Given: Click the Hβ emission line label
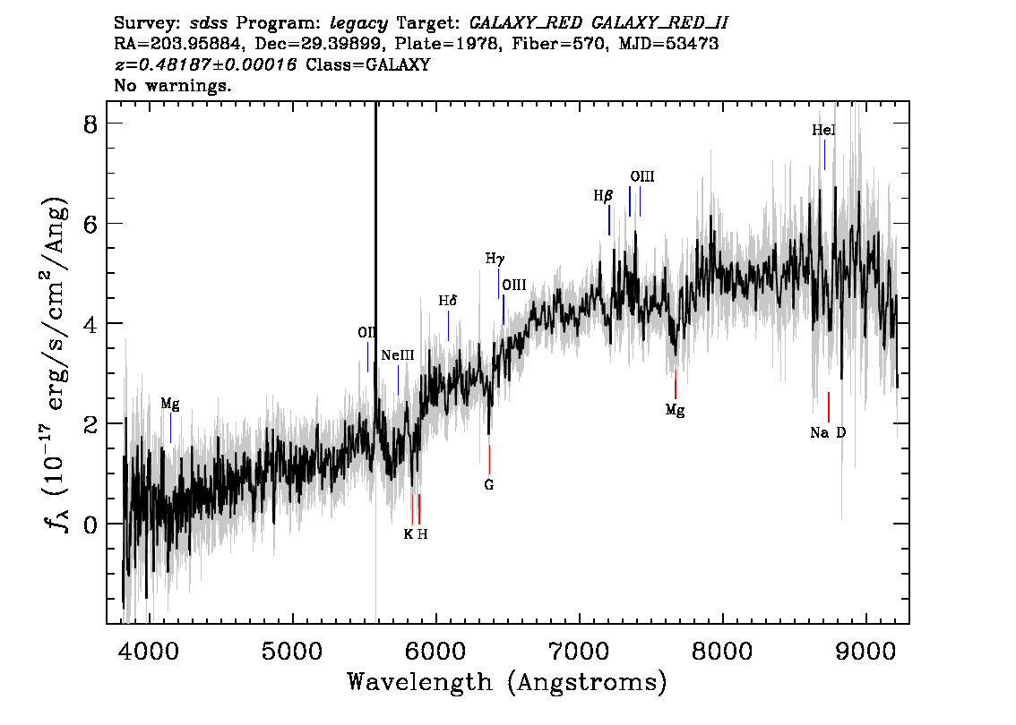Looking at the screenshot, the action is click(603, 195).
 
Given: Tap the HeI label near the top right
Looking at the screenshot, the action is click(823, 130).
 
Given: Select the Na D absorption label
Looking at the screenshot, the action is click(828, 432).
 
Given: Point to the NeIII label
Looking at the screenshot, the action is click(397, 355).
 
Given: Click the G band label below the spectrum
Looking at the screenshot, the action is click(489, 485).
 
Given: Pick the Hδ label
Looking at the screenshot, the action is click(448, 301).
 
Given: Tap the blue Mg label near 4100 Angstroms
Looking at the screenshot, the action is click(170, 405).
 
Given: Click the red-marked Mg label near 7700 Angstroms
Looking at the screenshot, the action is click(676, 411).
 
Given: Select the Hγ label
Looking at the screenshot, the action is click(495, 259).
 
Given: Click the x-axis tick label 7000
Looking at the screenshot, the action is click(579, 651).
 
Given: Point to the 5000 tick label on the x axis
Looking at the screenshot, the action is click(292, 651).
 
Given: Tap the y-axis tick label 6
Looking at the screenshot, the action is click(90, 224).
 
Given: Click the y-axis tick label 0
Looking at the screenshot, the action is click(90, 524).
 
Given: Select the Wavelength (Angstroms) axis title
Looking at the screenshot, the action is click(507, 683).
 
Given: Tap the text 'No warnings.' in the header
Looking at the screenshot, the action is click(172, 85).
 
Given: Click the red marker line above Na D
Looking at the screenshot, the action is click(828, 407).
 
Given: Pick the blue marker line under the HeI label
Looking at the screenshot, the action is click(824, 155).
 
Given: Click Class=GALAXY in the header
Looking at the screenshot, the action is click(368, 64).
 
